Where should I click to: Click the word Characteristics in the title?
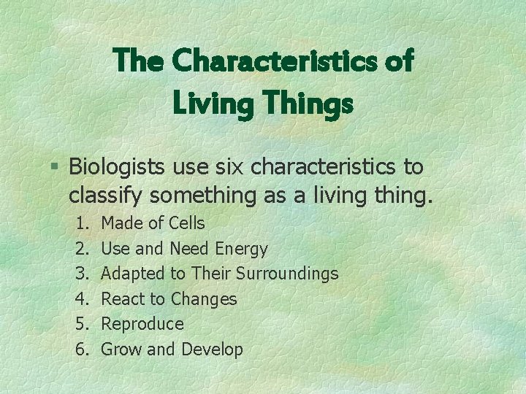(275, 61)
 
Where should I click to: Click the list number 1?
(81, 223)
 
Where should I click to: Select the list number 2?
(81, 249)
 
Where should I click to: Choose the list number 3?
(81, 274)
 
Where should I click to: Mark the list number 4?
(81, 299)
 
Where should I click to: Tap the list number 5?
(81, 324)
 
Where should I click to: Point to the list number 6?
(81, 349)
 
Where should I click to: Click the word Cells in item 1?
(186, 223)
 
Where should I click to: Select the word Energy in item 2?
(242, 249)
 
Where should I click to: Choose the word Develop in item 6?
(211, 349)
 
